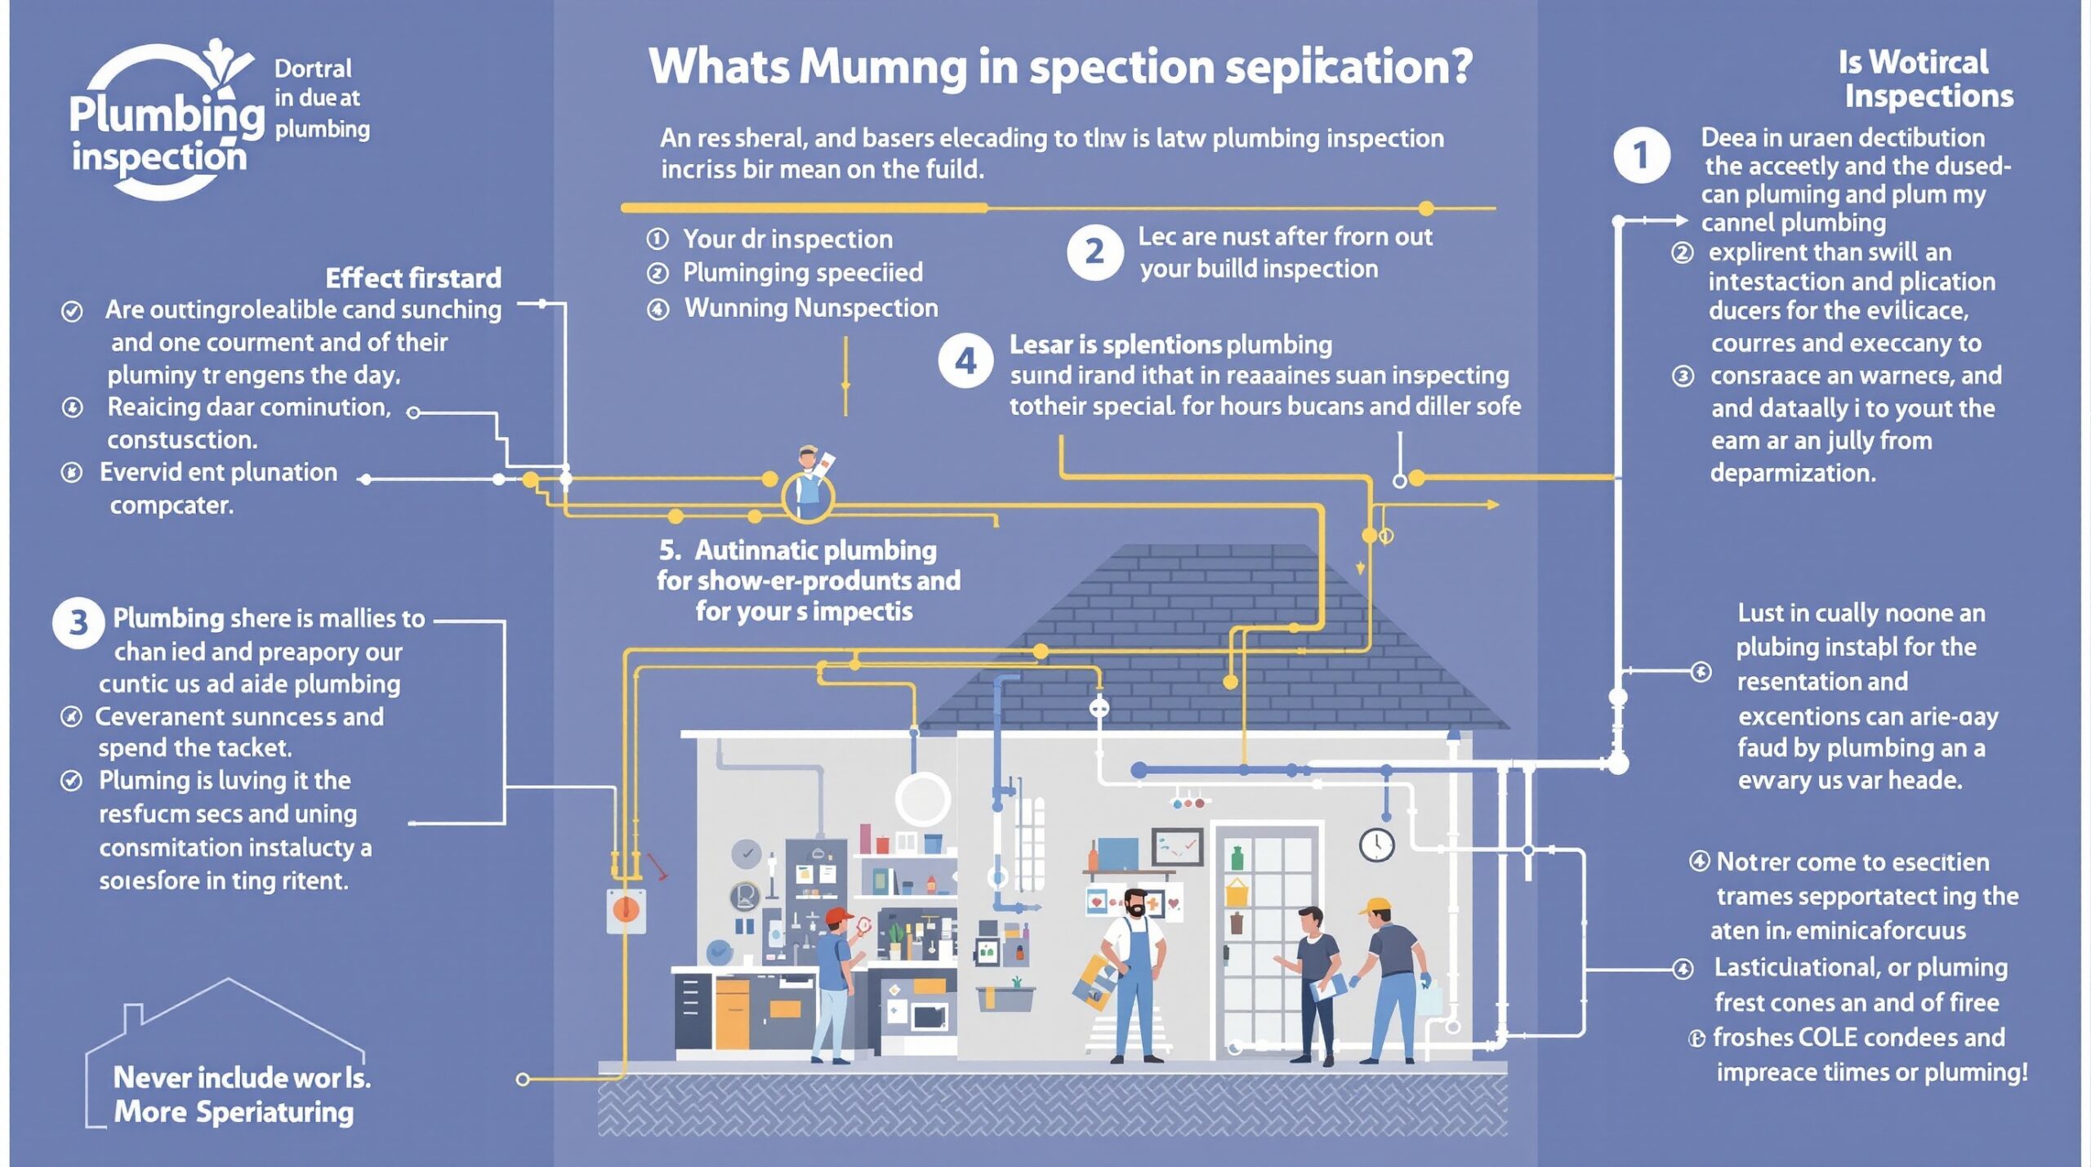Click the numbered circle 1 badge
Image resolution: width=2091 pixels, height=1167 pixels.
(x=1641, y=155)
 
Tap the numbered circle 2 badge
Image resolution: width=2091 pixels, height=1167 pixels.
(x=1095, y=252)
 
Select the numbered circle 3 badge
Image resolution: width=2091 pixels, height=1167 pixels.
(x=78, y=623)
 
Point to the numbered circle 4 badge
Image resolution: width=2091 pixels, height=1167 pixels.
(x=965, y=360)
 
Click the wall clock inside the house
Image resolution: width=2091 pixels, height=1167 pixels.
(x=1376, y=844)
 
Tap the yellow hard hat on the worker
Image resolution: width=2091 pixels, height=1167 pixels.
(x=1375, y=906)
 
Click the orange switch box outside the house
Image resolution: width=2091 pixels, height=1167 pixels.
(x=626, y=910)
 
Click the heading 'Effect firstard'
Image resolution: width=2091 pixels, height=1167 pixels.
(x=413, y=278)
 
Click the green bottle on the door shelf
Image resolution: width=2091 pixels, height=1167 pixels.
(x=1237, y=858)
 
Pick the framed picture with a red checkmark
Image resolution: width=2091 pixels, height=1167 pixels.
(x=1177, y=847)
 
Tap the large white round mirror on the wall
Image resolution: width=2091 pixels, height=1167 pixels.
(x=922, y=799)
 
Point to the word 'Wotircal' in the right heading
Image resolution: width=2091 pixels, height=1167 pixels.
(x=1928, y=63)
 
